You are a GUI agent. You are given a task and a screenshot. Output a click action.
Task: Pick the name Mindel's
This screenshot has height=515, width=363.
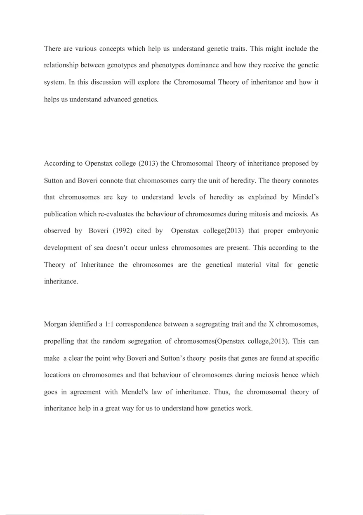304,197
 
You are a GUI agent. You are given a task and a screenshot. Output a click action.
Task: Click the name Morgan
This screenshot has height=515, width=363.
57,324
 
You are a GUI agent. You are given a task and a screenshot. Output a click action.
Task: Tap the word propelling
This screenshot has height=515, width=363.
59,341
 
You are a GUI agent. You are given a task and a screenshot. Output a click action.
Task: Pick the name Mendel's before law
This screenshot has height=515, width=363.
136,392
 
